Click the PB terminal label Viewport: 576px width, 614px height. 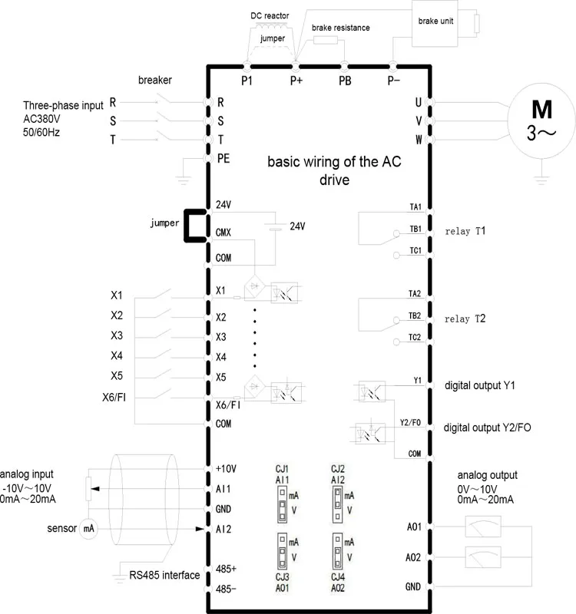(x=345, y=79)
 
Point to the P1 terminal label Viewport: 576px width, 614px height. (x=247, y=79)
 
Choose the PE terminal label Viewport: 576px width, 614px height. (x=223, y=158)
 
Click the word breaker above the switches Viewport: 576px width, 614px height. (x=154, y=80)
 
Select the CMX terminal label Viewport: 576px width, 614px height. (x=224, y=232)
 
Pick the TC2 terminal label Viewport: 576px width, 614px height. (x=415, y=337)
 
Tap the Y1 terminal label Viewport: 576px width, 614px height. (x=417, y=381)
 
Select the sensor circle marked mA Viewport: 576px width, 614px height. (x=88, y=529)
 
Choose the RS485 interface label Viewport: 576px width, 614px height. (x=164, y=575)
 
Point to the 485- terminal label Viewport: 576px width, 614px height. (x=226, y=589)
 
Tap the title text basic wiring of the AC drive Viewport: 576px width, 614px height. (x=334, y=171)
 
